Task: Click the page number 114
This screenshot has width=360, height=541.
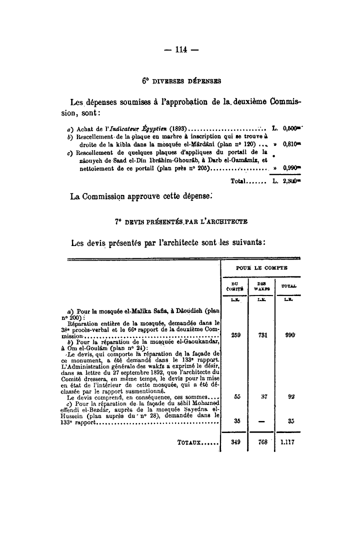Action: click(180, 50)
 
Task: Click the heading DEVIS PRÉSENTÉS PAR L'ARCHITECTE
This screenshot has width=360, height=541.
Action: click(181, 221)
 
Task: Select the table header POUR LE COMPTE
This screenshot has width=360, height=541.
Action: click(261, 268)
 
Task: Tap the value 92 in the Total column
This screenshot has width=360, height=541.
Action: click(288, 396)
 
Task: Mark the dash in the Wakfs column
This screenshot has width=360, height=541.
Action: click(261, 421)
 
